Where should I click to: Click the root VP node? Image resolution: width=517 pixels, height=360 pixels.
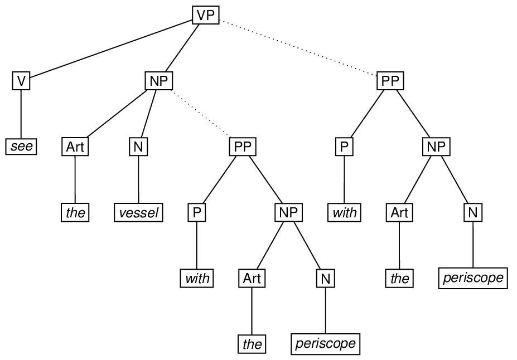pos(206,15)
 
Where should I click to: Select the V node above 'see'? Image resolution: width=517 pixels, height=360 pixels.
pos(21,81)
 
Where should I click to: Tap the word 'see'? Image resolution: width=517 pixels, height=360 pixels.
pos(21,147)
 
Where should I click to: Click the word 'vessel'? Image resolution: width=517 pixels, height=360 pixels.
pos(139,213)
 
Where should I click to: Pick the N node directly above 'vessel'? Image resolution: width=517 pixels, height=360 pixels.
pos(138,147)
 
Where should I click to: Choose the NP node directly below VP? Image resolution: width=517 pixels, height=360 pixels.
pos(159,81)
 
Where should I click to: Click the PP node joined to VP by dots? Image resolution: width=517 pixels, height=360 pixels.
pos(390,81)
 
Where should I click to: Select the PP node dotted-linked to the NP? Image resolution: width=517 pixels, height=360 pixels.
pos(243,147)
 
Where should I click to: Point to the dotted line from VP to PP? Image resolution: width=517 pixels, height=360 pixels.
pos(298,48)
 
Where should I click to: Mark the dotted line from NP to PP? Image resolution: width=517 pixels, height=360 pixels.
pos(201,114)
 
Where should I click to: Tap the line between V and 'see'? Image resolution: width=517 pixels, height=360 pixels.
pos(21,114)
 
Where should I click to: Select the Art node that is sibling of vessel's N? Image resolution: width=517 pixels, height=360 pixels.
pos(75,147)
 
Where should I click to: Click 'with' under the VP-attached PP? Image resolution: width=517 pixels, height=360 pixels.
pos(344,213)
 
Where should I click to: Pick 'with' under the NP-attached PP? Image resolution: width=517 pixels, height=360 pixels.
pos(197,278)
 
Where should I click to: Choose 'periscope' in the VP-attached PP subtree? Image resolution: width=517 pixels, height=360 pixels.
pos(473,278)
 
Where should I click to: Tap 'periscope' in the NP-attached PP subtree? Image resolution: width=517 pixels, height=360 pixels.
pos(325,344)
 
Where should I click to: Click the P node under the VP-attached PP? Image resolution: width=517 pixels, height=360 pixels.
pos(344,147)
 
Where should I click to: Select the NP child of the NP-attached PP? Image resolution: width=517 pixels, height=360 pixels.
pos(289,212)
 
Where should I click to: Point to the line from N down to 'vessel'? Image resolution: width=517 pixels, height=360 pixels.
pos(138,180)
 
